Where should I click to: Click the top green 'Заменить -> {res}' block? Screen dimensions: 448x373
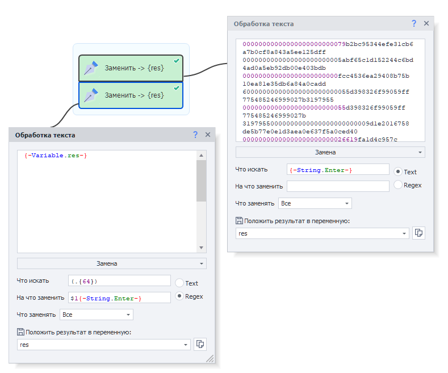131,68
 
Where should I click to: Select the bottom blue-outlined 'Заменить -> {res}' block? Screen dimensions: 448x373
131,95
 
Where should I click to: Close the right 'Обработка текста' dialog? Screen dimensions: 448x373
426,23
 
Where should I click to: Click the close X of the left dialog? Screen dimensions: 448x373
208,135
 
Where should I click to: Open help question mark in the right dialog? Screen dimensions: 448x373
414,23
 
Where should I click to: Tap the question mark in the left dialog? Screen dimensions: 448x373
195,135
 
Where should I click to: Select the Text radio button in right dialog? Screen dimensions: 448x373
397,171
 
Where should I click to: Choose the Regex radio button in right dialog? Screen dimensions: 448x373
397,185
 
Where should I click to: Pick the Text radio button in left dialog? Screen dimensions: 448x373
179,283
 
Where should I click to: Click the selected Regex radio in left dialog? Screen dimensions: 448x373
179,296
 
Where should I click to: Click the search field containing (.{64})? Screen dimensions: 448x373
119,281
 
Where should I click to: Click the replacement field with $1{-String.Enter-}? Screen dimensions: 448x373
119,297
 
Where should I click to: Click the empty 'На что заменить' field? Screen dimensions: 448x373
338,186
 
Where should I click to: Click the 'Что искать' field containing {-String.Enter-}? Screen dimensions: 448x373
338,169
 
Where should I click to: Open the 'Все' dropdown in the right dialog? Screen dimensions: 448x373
315,203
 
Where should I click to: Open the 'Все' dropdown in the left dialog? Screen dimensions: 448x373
97,315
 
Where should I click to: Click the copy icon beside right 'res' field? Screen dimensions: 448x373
418,233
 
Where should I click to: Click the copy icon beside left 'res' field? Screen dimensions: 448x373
200,344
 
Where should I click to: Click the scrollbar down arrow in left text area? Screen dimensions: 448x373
201,248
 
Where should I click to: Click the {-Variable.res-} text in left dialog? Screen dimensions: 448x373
56,156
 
